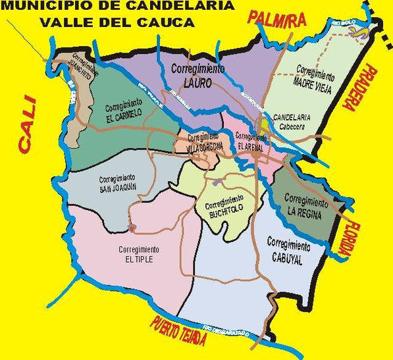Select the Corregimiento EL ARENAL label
click(251, 141)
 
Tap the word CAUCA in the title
click(171, 22)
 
